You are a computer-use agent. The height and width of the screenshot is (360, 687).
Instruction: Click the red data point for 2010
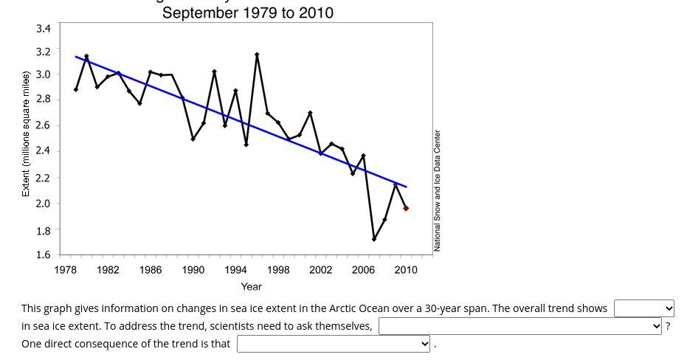[406, 208]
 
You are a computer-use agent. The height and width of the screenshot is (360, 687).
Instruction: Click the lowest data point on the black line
[374, 239]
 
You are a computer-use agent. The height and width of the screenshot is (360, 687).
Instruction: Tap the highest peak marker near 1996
[257, 55]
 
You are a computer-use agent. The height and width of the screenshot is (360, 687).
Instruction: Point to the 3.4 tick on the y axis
[44, 29]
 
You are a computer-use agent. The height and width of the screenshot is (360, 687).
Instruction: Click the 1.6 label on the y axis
[44, 255]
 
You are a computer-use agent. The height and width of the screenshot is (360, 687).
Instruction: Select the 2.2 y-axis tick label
[44, 178]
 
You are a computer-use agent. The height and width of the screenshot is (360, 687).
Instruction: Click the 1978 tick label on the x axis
[66, 270]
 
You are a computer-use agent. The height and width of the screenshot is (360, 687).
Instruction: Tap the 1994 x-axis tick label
[235, 270]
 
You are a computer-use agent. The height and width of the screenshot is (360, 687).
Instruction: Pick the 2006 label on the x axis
[363, 270]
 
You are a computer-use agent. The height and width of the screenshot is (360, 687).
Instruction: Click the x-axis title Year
[251, 286]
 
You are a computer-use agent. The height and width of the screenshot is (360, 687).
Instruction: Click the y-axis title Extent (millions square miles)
[26, 134]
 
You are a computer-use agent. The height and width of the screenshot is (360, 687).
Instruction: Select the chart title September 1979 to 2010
[248, 13]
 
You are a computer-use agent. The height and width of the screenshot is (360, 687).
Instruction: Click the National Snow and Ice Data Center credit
[438, 190]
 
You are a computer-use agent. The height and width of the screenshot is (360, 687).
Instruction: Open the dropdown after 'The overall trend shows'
[644, 308]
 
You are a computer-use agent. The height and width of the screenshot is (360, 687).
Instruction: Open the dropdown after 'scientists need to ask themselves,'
[520, 326]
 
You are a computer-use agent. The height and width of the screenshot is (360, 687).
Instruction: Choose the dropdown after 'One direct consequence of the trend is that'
[334, 344]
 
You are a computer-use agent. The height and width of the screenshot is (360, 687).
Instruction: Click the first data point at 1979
[76, 89]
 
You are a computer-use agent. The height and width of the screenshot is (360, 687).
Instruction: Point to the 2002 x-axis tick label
[320, 270]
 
